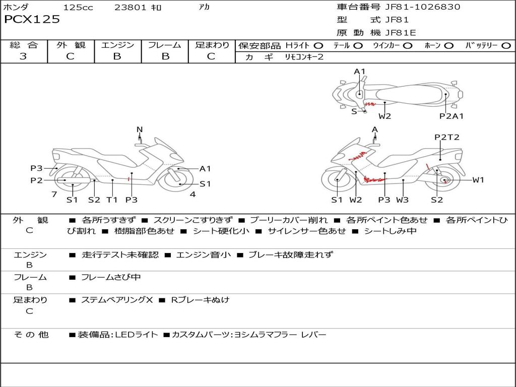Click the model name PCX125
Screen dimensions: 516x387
coord(32,20)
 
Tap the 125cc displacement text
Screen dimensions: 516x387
coord(78,8)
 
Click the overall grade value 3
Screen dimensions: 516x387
coord(23,56)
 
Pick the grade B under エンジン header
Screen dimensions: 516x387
coord(117,56)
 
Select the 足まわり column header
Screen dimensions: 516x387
coord(212,45)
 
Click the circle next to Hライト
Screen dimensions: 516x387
coord(318,46)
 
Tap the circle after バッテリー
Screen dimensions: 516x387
coord(506,46)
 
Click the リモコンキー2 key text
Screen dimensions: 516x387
coord(304,57)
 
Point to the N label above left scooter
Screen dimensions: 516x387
coord(140,130)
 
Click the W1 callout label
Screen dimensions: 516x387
coord(478,180)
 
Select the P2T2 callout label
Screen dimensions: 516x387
coord(446,137)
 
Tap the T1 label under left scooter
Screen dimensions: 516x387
coord(112,200)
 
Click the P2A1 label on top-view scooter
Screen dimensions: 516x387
coord(451,116)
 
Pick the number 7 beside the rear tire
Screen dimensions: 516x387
coord(54,194)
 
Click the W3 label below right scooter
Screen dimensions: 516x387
coord(402,200)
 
